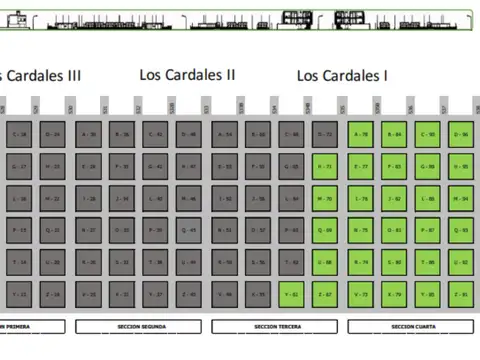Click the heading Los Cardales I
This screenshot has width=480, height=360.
(342, 75)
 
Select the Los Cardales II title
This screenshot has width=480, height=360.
(188, 74)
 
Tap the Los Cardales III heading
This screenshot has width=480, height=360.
(40, 75)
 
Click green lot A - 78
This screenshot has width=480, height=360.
(362, 134)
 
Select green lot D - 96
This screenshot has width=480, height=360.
(460, 134)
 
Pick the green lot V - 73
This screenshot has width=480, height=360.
(362, 295)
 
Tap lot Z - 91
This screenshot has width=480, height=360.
(460, 295)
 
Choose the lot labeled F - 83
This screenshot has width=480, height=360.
(395, 166)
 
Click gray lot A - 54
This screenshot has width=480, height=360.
(226, 134)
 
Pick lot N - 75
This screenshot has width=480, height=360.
(362, 230)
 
